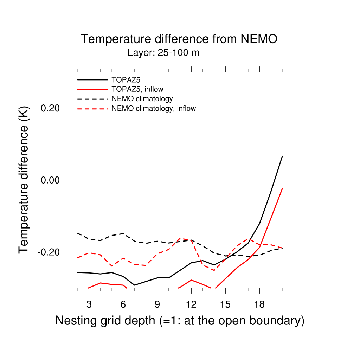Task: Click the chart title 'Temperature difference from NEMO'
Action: (179, 39)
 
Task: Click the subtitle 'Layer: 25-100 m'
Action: (163, 53)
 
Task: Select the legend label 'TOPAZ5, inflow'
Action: (137, 89)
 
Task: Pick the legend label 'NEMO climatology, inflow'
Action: (154, 108)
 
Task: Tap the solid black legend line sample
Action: (92, 79)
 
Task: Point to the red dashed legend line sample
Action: (92, 108)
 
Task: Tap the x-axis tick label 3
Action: (89, 304)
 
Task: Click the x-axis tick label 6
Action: (123, 304)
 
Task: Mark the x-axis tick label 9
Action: (157, 304)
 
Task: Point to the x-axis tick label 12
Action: (191, 304)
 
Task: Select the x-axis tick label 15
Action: (225, 304)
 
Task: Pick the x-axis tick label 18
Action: (259, 304)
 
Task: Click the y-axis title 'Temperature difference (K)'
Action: (24, 180)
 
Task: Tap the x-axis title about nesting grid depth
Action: (180, 321)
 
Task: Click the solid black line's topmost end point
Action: (282, 156)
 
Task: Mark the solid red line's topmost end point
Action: (282, 188)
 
